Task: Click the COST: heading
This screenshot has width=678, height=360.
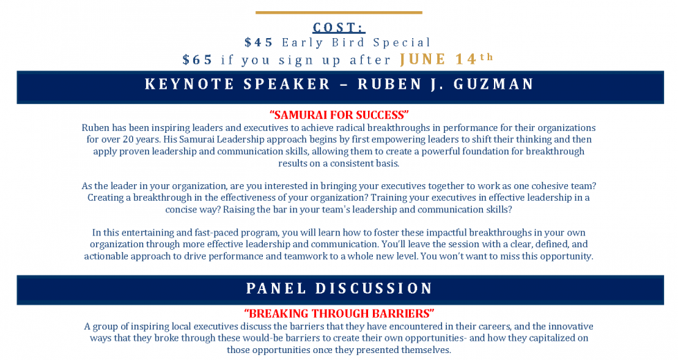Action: (x=339, y=27)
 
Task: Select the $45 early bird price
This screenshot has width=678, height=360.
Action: (x=259, y=42)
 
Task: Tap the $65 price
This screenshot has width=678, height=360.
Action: (x=198, y=60)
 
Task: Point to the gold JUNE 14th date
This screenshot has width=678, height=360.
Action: (x=446, y=59)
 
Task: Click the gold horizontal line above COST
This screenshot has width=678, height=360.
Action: (x=339, y=12)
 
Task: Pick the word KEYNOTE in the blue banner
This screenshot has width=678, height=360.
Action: (x=187, y=84)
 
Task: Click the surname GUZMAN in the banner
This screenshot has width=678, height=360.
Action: (x=494, y=84)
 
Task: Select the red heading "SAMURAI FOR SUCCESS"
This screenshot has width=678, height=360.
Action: (x=339, y=115)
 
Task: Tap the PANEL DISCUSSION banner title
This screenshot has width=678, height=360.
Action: (x=340, y=289)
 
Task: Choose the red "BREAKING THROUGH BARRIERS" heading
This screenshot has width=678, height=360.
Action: (x=339, y=314)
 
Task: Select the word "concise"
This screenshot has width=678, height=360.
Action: (x=181, y=209)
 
